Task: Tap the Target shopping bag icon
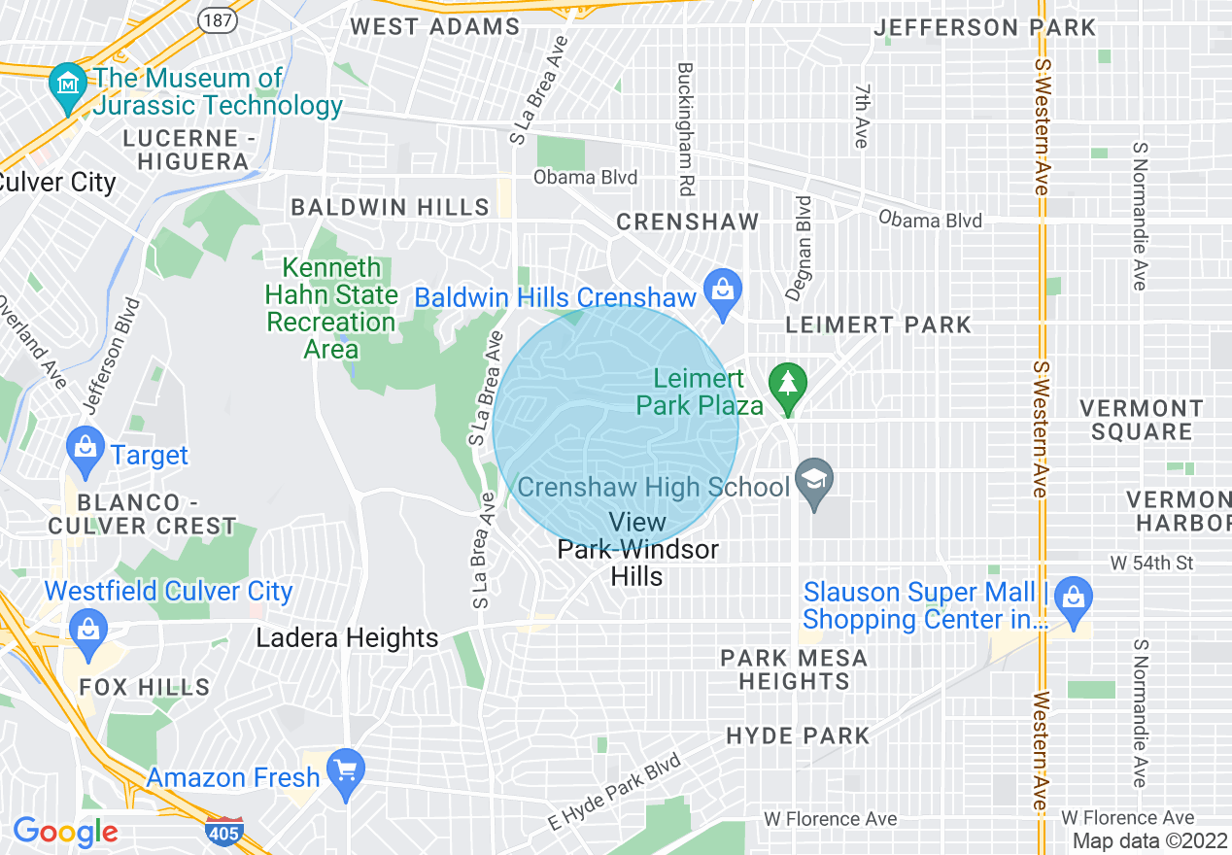tap(86, 450)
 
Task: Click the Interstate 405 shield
tap(223, 833)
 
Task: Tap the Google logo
tap(65, 832)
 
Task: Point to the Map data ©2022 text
tap(1149, 840)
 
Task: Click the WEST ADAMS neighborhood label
tap(434, 26)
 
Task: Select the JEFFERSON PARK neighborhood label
tap(984, 28)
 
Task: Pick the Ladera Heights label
tap(347, 638)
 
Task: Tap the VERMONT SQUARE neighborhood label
tap(1142, 420)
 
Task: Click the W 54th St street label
tap(1151, 563)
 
